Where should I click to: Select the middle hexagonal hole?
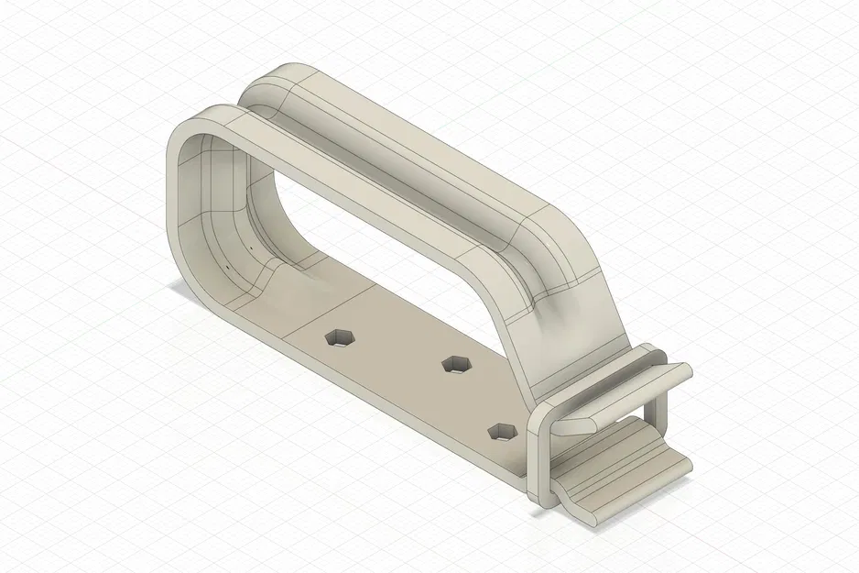tap(454, 364)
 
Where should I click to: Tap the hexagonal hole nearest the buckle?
tap(500, 430)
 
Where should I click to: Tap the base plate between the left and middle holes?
tap(398, 353)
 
